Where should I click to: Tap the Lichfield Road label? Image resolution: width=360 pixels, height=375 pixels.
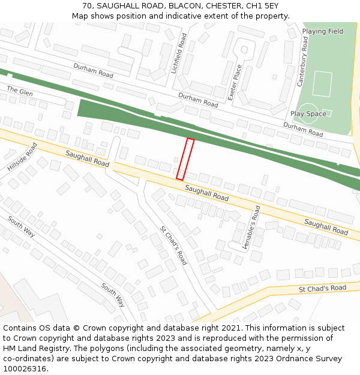(179, 53)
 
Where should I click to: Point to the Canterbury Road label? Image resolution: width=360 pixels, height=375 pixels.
(302, 61)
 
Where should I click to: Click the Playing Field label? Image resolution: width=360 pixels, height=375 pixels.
(323, 31)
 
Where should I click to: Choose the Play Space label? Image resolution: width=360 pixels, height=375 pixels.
(308, 113)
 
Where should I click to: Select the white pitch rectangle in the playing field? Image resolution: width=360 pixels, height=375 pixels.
(322, 84)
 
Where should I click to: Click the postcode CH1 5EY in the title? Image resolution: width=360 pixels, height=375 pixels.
(262, 6)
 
